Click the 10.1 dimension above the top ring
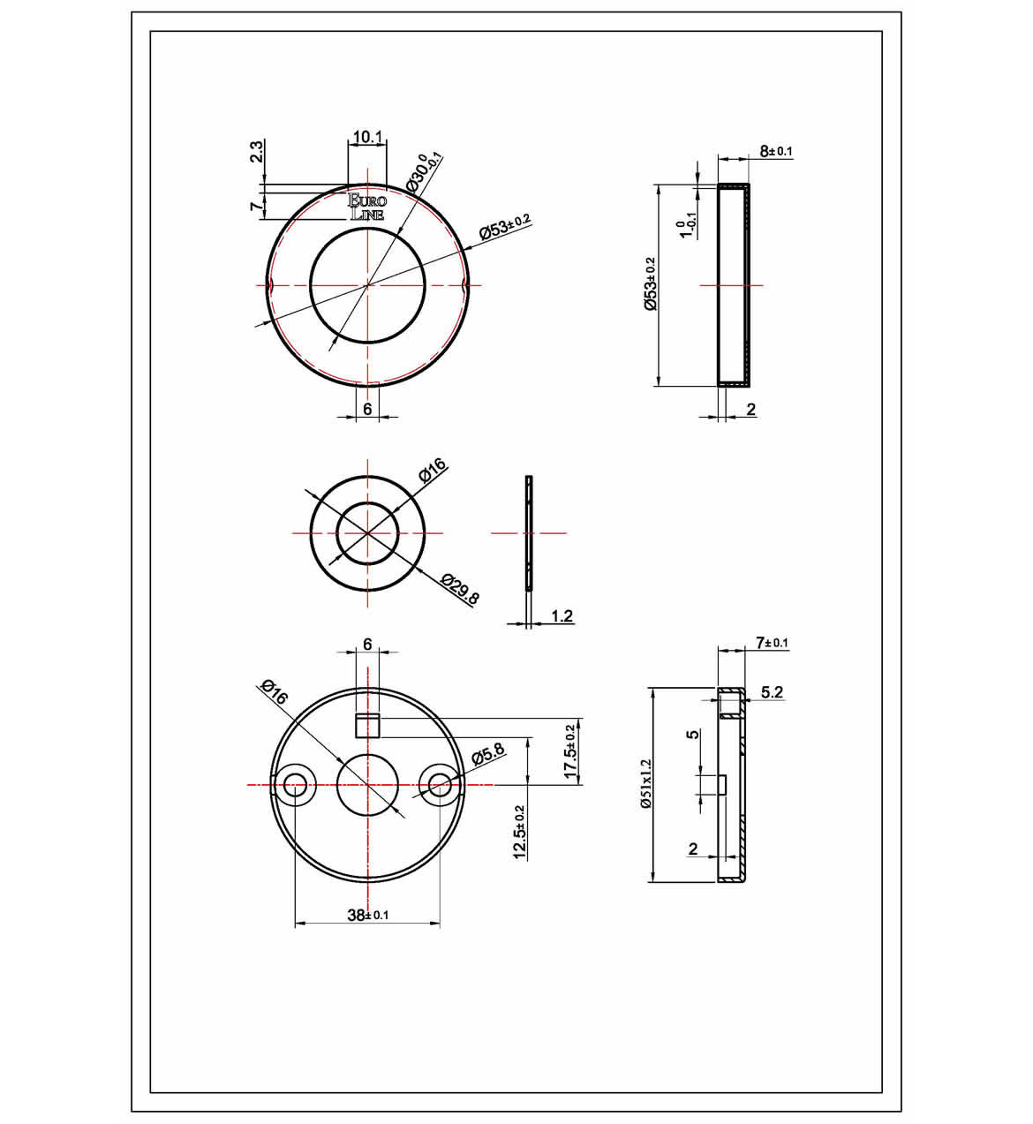pyautogui.click(x=367, y=137)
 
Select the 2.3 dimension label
pyautogui.click(x=256, y=152)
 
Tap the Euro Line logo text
pyautogui.click(x=367, y=207)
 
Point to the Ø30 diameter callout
pyautogui.click(x=424, y=172)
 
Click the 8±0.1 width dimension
pyautogui.click(x=776, y=151)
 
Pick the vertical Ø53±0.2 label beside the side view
pyautogui.click(x=650, y=284)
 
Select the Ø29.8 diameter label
pyautogui.click(x=460, y=590)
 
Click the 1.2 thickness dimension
pyautogui.click(x=562, y=615)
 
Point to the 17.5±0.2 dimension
pyautogui.click(x=571, y=751)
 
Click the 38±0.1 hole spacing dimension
pyautogui.click(x=367, y=915)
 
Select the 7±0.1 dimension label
pyautogui.click(x=772, y=643)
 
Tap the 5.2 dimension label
pyautogui.click(x=772, y=692)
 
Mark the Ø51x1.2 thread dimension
pyautogui.click(x=646, y=785)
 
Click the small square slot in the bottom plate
pyautogui.click(x=367, y=725)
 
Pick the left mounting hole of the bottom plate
pyautogui.click(x=293, y=784)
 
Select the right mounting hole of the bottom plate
pyautogui.click(x=439, y=784)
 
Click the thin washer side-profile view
pyautogui.click(x=529, y=533)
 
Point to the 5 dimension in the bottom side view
pyautogui.click(x=694, y=734)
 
